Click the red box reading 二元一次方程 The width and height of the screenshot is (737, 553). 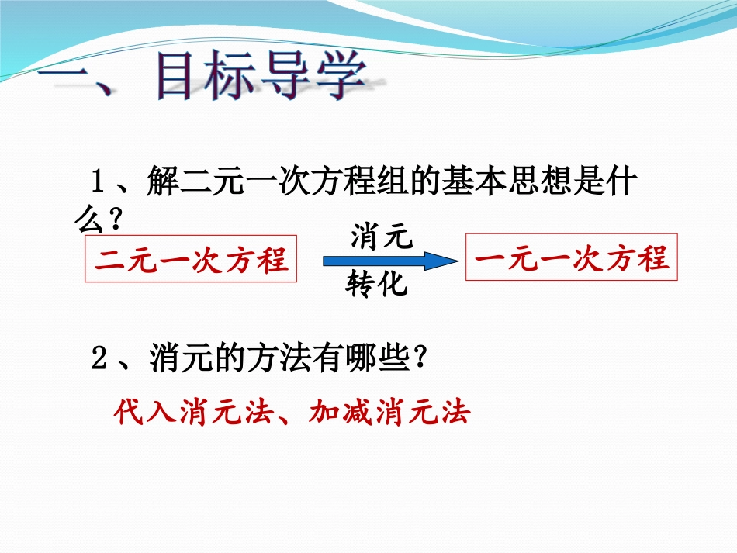(191, 259)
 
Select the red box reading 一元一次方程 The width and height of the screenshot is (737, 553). (572, 257)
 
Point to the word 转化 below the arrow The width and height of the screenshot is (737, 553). (377, 285)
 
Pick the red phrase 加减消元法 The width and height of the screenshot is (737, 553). (390, 412)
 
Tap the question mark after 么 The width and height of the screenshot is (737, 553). (115, 222)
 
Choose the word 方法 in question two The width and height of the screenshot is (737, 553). (269, 359)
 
